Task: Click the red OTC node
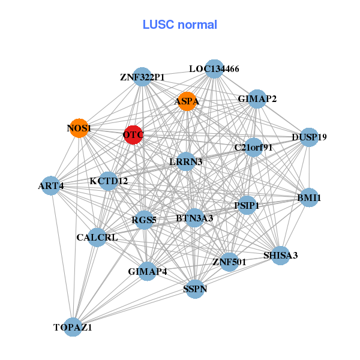pyautogui.click(x=133, y=135)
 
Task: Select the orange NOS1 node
pyautogui.click(x=79, y=128)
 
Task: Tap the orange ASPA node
pyautogui.click(x=187, y=101)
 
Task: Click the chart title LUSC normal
pyautogui.click(x=179, y=25)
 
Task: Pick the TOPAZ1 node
pyautogui.click(x=73, y=327)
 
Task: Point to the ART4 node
pyautogui.click(x=52, y=185)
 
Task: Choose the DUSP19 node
pyautogui.click(x=308, y=137)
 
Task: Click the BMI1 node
pyautogui.click(x=308, y=197)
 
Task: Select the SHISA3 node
pyautogui.click(x=280, y=256)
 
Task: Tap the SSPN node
pyautogui.click(x=194, y=289)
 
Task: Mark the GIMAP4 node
pyautogui.click(x=147, y=271)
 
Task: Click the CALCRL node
pyautogui.click(x=97, y=237)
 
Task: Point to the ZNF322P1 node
pyautogui.click(x=142, y=77)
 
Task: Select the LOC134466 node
pyautogui.click(x=214, y=69)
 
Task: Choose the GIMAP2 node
pyautogui.click(x=257, y=99)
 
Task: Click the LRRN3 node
pyautogui.click(x=185, y=161)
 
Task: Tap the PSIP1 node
pyautogui.click(x=247, y=206)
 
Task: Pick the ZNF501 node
pyautogui.click(x=229, y=261)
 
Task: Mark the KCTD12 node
pyautogui.click(x=109, y=180)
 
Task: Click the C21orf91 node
pyautogui.click(x=253, y=147)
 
